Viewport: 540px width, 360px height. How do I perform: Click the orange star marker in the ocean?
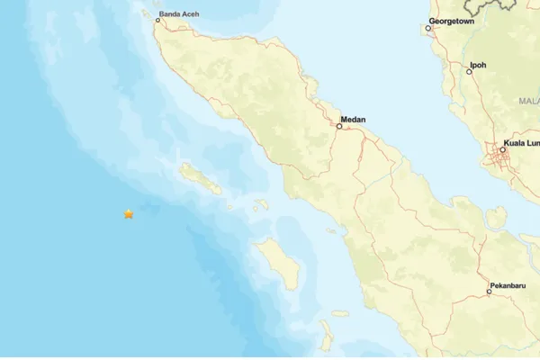coord(129,214)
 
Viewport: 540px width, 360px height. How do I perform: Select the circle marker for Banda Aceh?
coord(157,21)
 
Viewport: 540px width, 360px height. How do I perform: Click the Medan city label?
coord(353,118)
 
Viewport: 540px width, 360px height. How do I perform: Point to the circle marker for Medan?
coord(339,126)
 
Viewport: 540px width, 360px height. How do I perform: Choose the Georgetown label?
coord(452,20)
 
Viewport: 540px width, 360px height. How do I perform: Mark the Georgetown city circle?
coord(428,28)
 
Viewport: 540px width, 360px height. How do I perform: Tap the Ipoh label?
coord(478,65)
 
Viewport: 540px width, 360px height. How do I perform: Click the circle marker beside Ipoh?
coord(469,71)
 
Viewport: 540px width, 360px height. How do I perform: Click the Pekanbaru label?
coord(508,284)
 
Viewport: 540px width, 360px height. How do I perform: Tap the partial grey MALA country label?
coord(528,102)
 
